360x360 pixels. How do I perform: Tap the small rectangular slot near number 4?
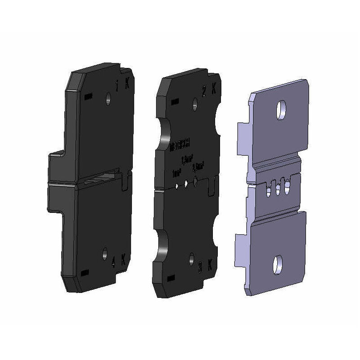(x=85, y=273)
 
